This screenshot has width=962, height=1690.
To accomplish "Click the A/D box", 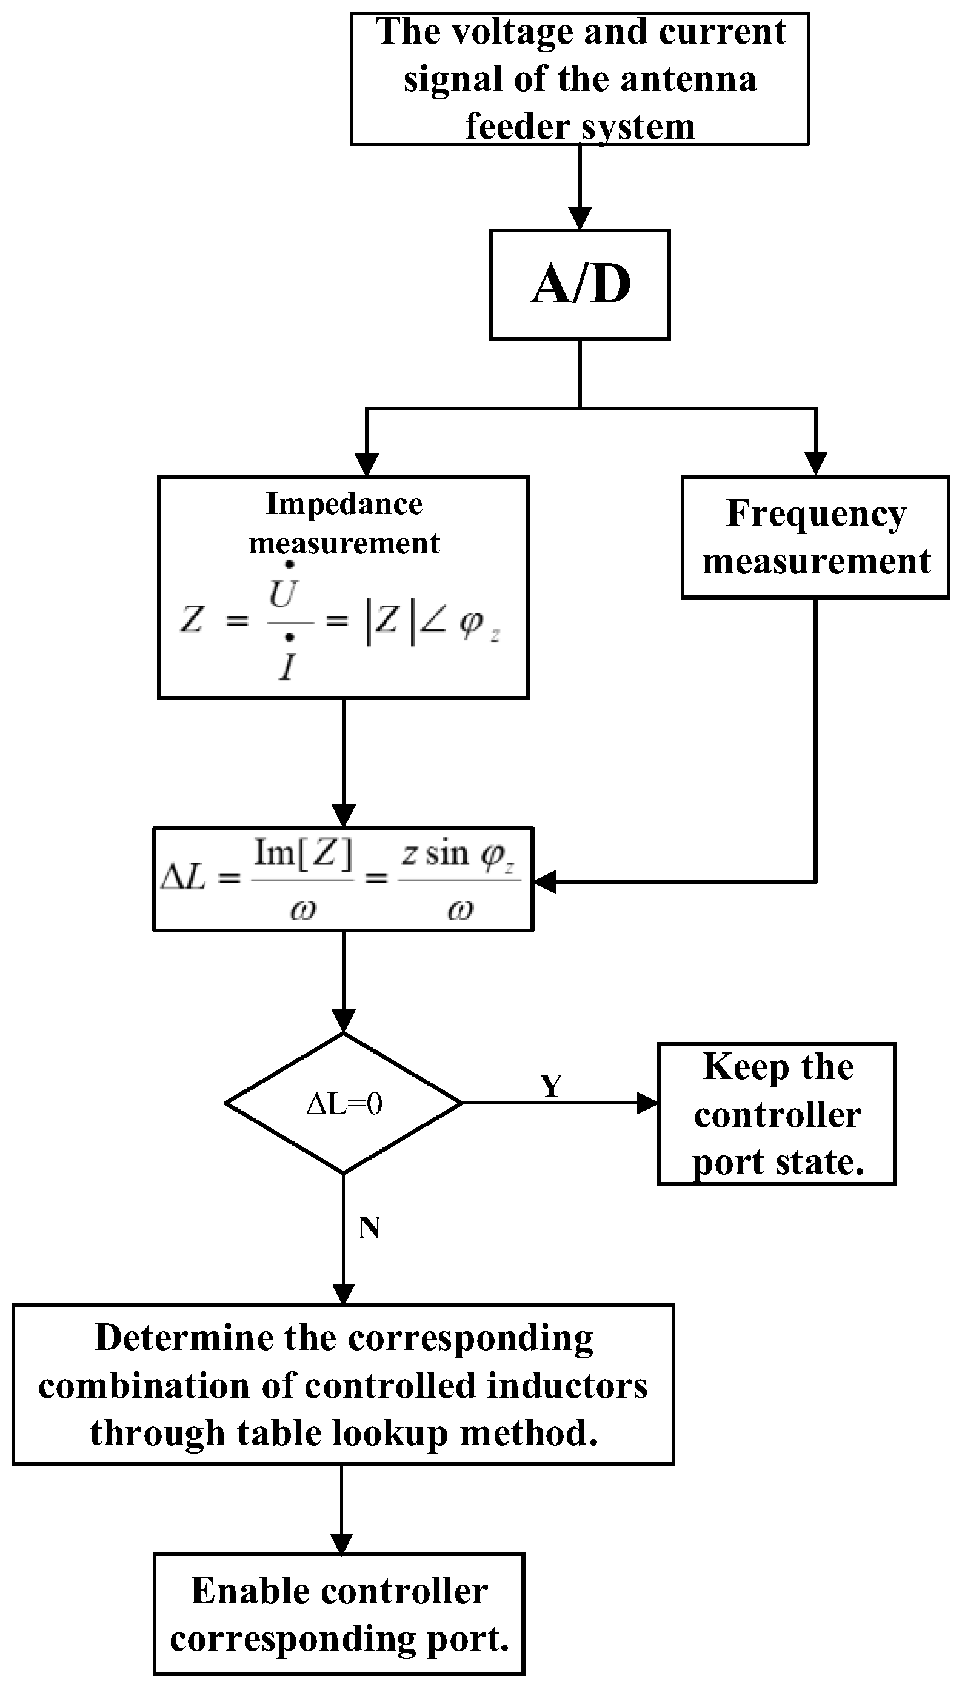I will (x=580, y=285).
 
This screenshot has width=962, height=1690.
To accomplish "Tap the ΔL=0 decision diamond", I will (x=344, y=1103).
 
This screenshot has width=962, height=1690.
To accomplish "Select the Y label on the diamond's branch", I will (x=551, y=1086).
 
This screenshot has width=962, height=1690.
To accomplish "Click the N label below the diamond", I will (x=369, y=1228).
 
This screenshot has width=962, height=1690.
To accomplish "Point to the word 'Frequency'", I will (x=817, y=515).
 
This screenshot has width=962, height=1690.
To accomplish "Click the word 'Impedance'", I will (x=344, y=504).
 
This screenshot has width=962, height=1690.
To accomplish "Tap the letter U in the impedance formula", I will (x=283, y=595).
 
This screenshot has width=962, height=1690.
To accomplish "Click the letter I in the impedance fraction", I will (x=287, y=667).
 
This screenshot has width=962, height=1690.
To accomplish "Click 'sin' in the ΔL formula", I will (x=447, y=853).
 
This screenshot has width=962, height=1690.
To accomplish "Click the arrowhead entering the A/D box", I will (x=580, y=218).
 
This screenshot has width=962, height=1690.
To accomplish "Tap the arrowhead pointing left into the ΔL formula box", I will (x=545, y=881).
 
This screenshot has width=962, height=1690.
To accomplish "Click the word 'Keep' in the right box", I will (x=737, y=1067).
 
